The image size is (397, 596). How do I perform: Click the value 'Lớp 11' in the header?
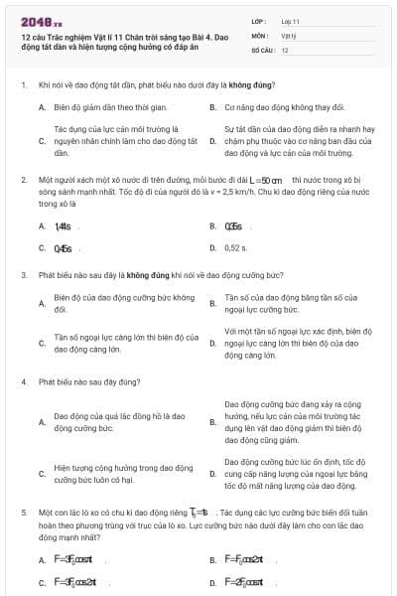tap(289, 20)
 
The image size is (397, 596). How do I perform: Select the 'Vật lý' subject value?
tap(288, 34)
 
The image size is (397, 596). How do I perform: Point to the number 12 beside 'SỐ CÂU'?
tap(285, 49)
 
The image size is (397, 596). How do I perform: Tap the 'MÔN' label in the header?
tap(259, 34)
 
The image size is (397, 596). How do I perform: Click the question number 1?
tap(23, 86)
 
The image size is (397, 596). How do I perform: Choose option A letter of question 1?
tap(42, 105)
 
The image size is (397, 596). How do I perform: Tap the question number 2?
tap(23, 180)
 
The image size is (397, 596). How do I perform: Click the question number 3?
tap(23, 274)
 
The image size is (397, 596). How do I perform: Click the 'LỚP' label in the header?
tap(259, 20)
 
